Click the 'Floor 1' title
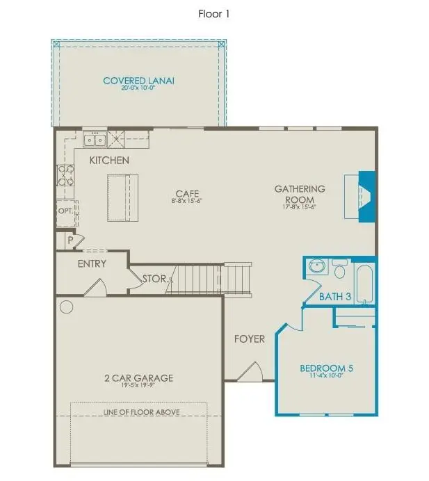(214, 13)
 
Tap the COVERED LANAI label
(138, 81)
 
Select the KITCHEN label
(109, 161)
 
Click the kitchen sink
(95, 140)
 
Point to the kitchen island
(122, 197)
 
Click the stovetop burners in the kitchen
(65, 175)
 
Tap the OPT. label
(65, 210)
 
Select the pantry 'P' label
(70, 240)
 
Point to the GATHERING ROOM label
(300, 194)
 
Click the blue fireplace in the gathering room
(364, 196)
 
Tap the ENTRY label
(92, 263)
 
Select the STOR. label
(154, 279)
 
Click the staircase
(212, 279)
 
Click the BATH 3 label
(335, 297)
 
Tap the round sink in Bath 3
(317, 267)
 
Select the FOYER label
(249, 339)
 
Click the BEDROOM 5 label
(326, 368)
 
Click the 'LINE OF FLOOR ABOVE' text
(141, 412)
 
